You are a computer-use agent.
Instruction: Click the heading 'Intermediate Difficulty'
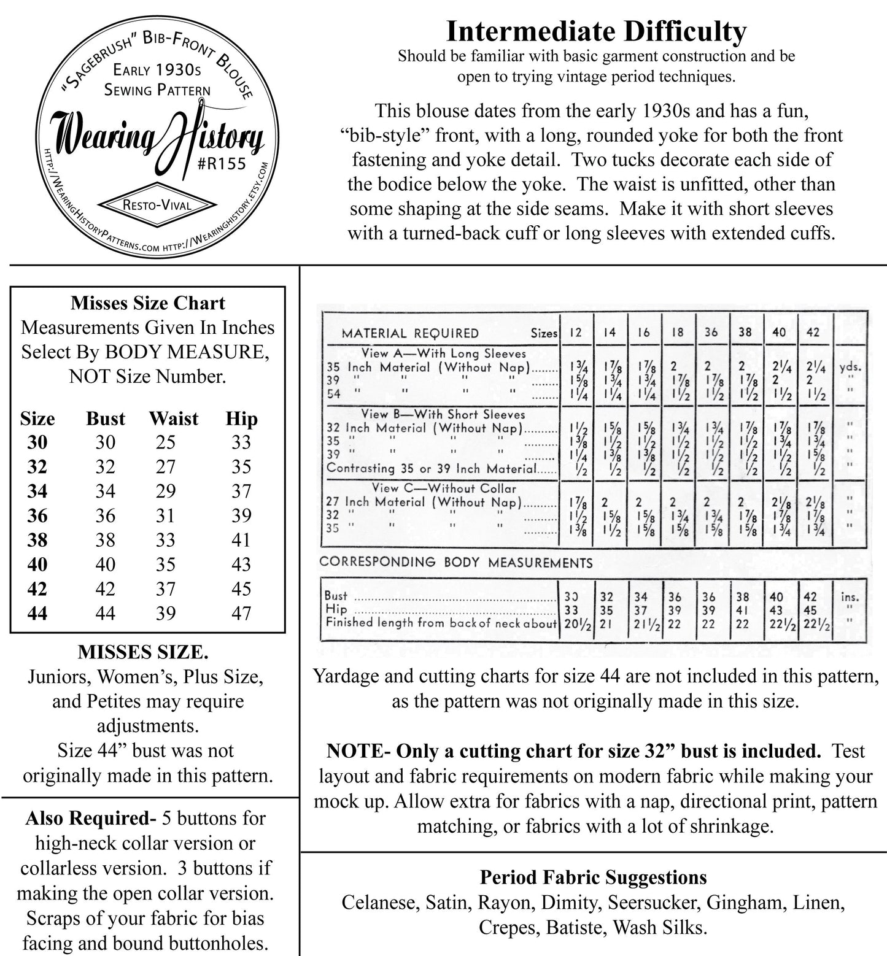point(596,31)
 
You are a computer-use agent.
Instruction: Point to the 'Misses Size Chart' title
point(148,303)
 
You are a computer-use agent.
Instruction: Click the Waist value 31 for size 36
point(165,515)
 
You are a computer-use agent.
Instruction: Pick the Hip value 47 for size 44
point(241,613)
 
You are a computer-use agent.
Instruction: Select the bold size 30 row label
point(37,442)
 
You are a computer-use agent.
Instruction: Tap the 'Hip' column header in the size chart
point(241,418)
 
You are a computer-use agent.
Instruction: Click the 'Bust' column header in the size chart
point(106,418)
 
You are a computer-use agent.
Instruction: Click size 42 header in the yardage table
point(812,332)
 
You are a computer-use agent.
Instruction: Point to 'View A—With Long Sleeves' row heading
point(444,353)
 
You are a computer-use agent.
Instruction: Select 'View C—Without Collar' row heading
point(444,488)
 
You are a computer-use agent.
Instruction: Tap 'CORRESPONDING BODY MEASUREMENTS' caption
point(456,562)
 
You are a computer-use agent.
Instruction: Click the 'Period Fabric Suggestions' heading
point(593,877)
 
